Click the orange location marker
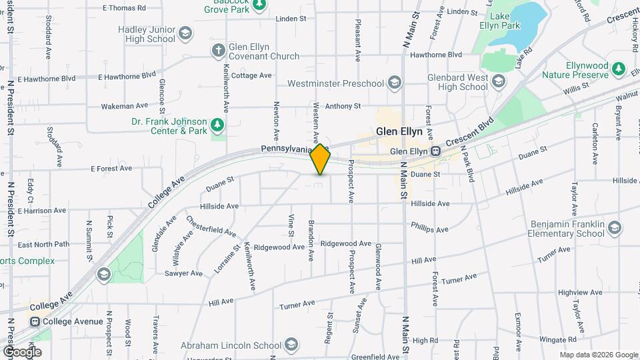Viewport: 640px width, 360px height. click(x=320, y=159)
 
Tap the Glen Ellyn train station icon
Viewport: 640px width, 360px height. click(x=435, y=151)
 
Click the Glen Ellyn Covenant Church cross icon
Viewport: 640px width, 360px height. click(x=218, y=50)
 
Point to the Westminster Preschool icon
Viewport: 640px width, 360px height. click(x=394, y=83)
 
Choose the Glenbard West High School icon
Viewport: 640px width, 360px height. click(x=498, y=81)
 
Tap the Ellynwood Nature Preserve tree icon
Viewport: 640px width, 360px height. click(x=619, y=68)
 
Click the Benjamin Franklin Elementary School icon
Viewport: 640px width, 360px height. click(x=614, y=228)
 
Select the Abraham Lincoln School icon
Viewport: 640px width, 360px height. click(x=291, y=345)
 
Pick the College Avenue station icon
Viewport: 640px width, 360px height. click(x=34, y=321)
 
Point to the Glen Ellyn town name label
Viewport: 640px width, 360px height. click(x=399, y=131)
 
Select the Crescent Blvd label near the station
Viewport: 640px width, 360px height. click(x=469, y=133)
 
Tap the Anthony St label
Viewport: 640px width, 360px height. click(x=343, y=105)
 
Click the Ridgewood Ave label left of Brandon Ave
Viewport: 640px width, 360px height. click(x=279, y=247)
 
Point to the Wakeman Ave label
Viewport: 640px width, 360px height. click(x=125, y=106)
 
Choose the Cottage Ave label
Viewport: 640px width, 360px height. click(x=251, y=75)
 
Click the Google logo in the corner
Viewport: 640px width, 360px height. click(x=21, y=351)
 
